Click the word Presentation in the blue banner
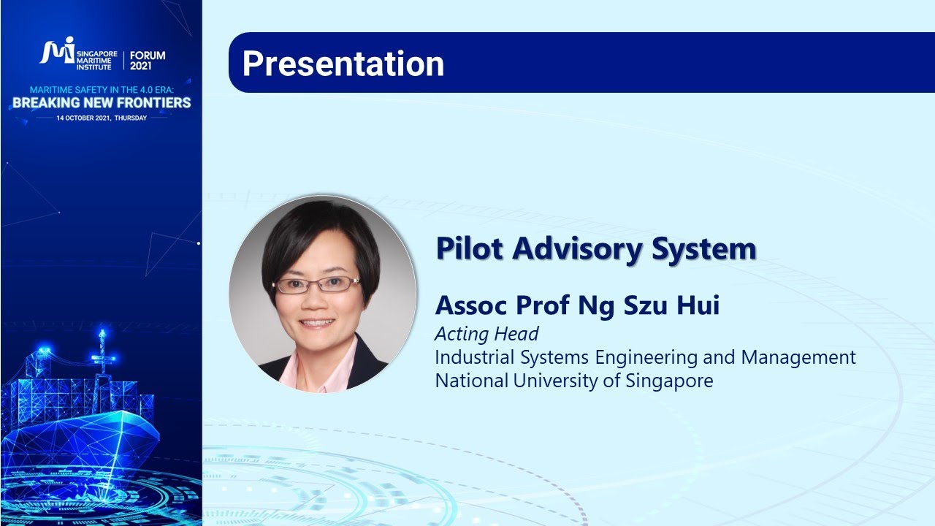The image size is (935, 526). click(x=343, y=64)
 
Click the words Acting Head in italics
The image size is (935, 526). click(x=486, y=335)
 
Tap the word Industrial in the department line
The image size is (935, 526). click(x=476, y=358)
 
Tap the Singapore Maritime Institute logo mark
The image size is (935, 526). click(x=56, y=51)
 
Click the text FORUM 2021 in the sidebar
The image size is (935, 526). click(x=148, y=60)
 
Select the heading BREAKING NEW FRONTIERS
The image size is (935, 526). click(x=102, y=103)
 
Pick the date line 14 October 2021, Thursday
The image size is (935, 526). click(x=102, y=118)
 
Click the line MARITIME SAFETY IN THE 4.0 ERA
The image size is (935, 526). click(x=102, y=90)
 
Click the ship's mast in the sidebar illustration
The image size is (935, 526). click(x=102, y=351)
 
